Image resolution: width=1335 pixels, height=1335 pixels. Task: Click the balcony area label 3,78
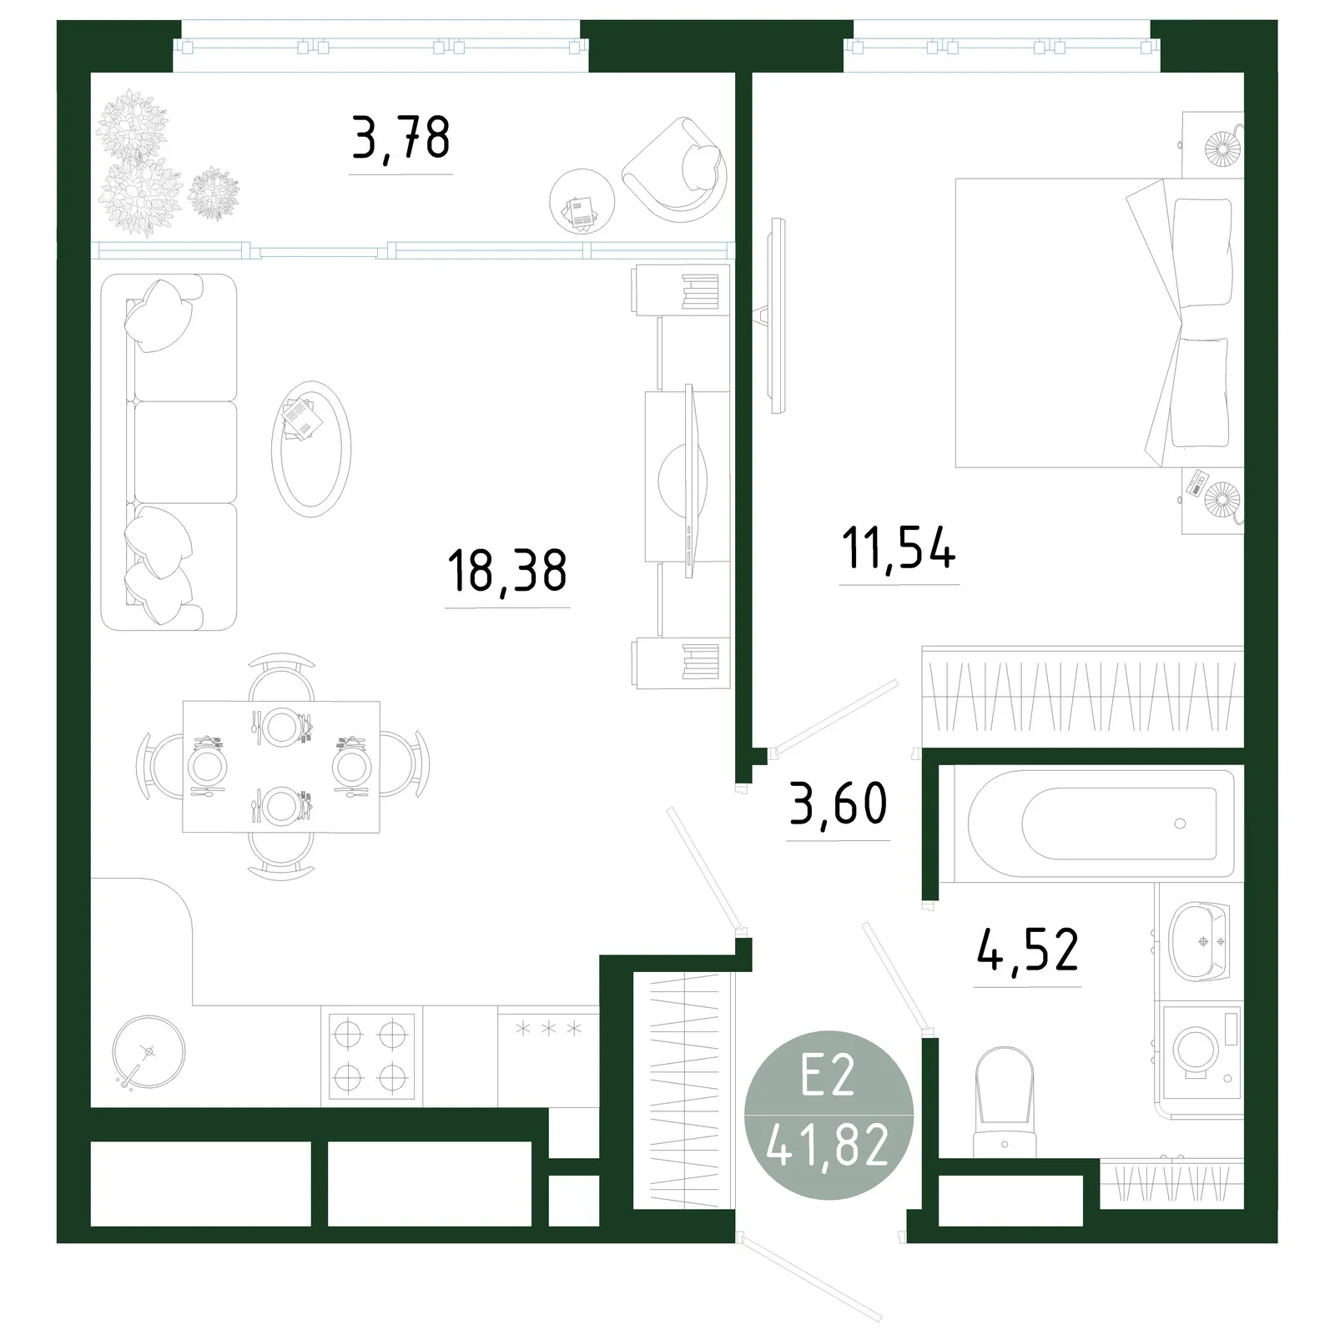click(x=401, y=139)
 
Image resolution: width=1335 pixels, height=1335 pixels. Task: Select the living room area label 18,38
click(x=507, y=571)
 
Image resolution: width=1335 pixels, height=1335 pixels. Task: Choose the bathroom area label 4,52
click(x=1027, y=950)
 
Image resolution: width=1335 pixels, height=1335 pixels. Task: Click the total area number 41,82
click(x=828, y=1147)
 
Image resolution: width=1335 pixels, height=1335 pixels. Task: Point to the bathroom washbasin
click(x=1200, y=940)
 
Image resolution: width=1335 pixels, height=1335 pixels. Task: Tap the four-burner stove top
click(x=371, y=1055)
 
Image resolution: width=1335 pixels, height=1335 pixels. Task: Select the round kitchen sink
click(x=149, y=1053)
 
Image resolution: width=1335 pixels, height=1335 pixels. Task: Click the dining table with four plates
click(x=281, y=767)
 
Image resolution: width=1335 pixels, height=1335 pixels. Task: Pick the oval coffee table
click(x=311, y=448)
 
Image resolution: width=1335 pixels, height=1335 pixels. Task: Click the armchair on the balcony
click(x=674, y=169)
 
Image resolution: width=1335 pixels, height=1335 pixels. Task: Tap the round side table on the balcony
click(x=582, y=203)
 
